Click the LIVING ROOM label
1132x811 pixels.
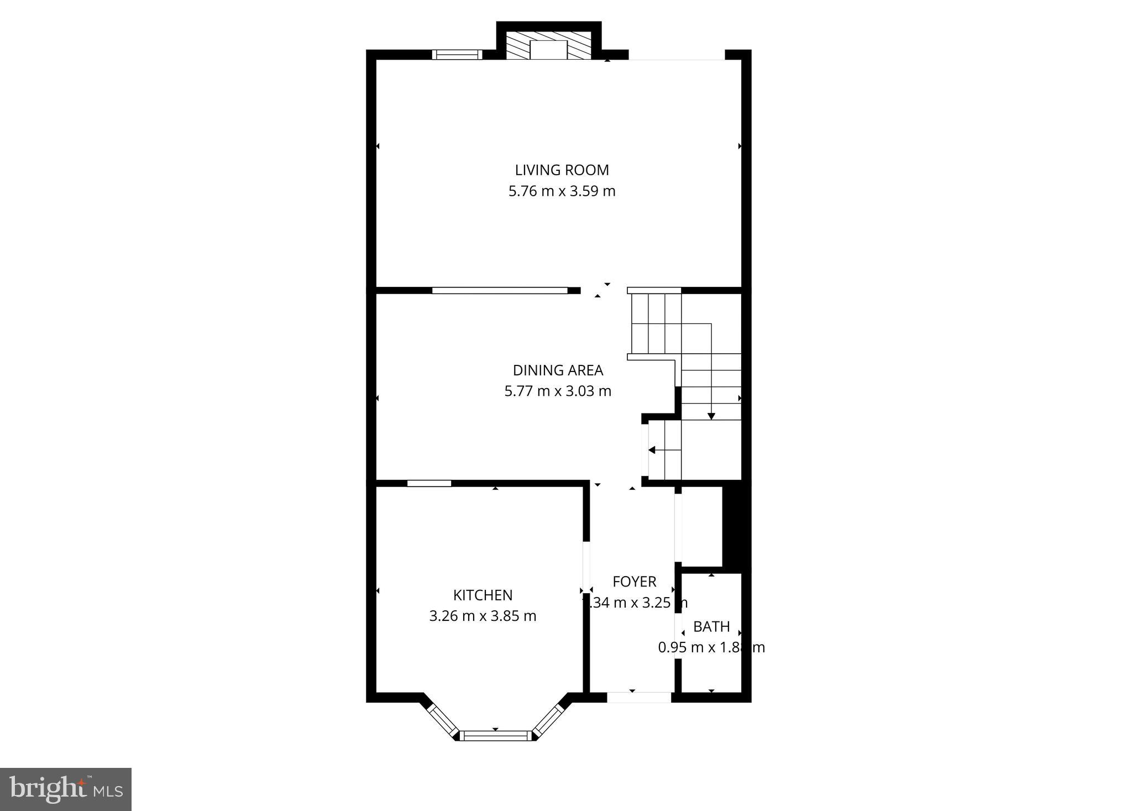[562, 170]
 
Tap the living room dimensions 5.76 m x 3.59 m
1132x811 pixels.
[562, 191]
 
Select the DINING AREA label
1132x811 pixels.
[558, 370]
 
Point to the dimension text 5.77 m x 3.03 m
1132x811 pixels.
[558, 391]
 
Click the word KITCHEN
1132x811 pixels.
[483, 595]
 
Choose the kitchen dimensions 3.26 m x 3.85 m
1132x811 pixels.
[483, 616]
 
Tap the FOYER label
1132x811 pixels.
[634, 582]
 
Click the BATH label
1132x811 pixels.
[711, 627]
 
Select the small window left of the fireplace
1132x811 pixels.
[457, 54]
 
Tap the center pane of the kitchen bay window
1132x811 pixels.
[495, 735]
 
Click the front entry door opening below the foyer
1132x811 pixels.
[639, 697]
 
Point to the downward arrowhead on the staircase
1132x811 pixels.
[711, 416]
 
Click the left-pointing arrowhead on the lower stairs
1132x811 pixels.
[652, 450]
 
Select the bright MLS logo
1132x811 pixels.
[66, 789]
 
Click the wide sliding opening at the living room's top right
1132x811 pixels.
[677, 55]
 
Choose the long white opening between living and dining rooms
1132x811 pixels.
[500, 290]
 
